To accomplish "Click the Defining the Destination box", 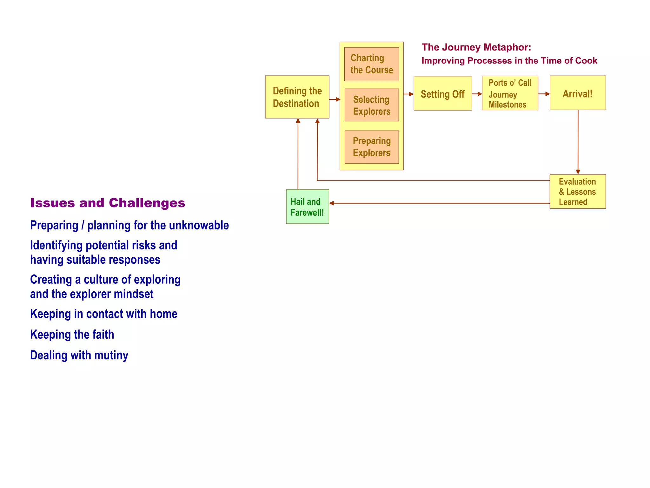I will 297,97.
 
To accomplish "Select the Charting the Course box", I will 371,64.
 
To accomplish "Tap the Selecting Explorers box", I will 371,105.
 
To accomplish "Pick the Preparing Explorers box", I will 371,147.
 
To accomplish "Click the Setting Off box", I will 442,93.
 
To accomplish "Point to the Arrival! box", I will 577,93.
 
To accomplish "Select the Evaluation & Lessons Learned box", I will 577,192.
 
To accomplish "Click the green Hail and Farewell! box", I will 307,207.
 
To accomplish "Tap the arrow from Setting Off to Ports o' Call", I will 477,94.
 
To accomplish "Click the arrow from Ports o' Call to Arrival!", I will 544,94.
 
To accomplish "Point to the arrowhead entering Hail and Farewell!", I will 332,203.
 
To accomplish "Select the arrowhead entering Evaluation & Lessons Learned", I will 578,172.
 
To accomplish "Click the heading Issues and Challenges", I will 108,203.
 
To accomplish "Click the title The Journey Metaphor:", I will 476,47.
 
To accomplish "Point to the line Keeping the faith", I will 72,335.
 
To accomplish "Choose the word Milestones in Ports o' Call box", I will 507,105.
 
